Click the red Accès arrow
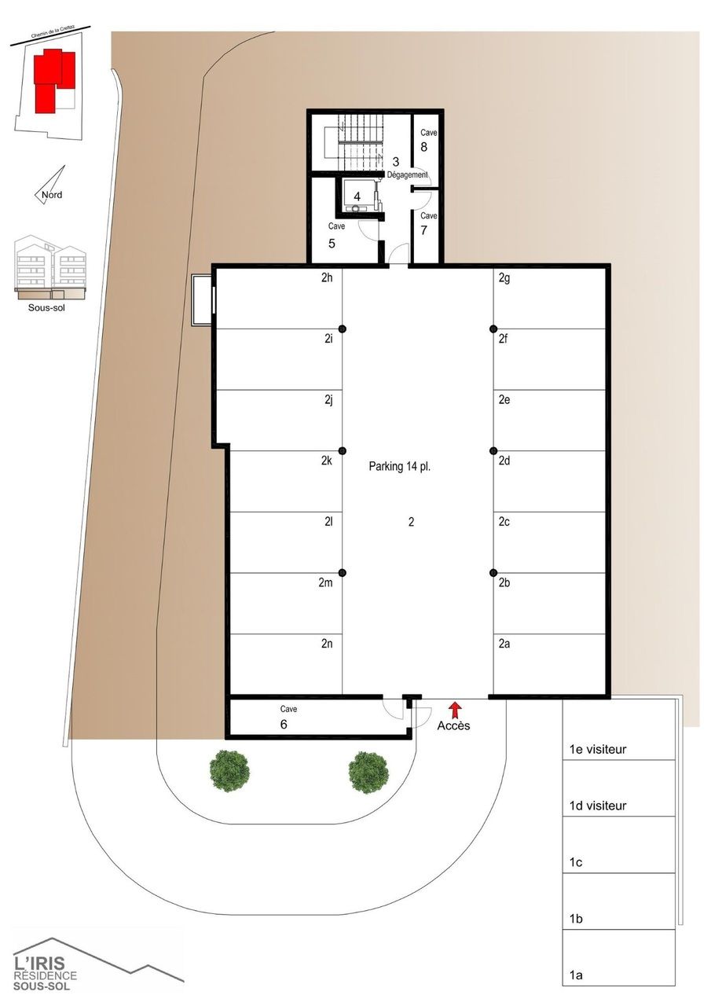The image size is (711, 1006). [454, 708]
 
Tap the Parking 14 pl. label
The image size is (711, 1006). [400, 466]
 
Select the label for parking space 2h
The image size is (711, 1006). [328, 277]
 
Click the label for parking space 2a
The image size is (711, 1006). [504, 643]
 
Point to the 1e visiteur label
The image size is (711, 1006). [598, 750]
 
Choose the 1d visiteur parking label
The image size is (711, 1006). [598, 806]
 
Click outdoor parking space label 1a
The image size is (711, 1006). [576, 975]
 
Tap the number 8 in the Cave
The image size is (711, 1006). [423, 146]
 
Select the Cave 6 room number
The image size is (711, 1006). [283, 725]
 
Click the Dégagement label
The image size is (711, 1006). [407, 174]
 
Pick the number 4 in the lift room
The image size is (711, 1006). [357, 196]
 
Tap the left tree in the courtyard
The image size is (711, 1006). [230, 771]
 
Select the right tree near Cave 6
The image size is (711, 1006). [368, 773]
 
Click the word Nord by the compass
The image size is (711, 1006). [52, 195]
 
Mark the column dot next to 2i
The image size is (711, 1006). [343, 329]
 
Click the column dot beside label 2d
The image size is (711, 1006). [493, 451]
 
